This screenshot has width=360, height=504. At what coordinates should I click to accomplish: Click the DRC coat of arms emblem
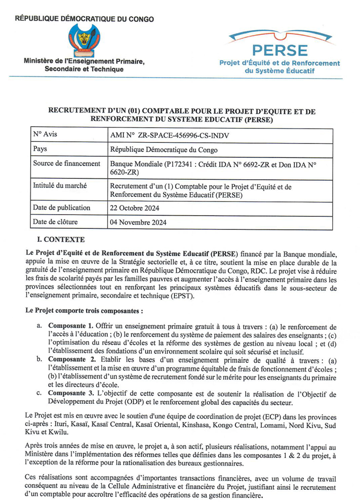85,39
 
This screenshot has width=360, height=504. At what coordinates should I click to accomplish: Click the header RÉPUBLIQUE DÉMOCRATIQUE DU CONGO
85,19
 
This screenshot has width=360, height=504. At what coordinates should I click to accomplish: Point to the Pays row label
40,149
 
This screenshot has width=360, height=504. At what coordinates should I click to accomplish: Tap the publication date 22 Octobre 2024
136,208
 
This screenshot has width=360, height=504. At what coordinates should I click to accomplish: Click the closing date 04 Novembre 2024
138,222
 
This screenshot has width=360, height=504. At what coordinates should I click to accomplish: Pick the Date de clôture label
57,222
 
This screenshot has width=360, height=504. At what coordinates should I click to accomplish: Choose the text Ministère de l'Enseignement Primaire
84,61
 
